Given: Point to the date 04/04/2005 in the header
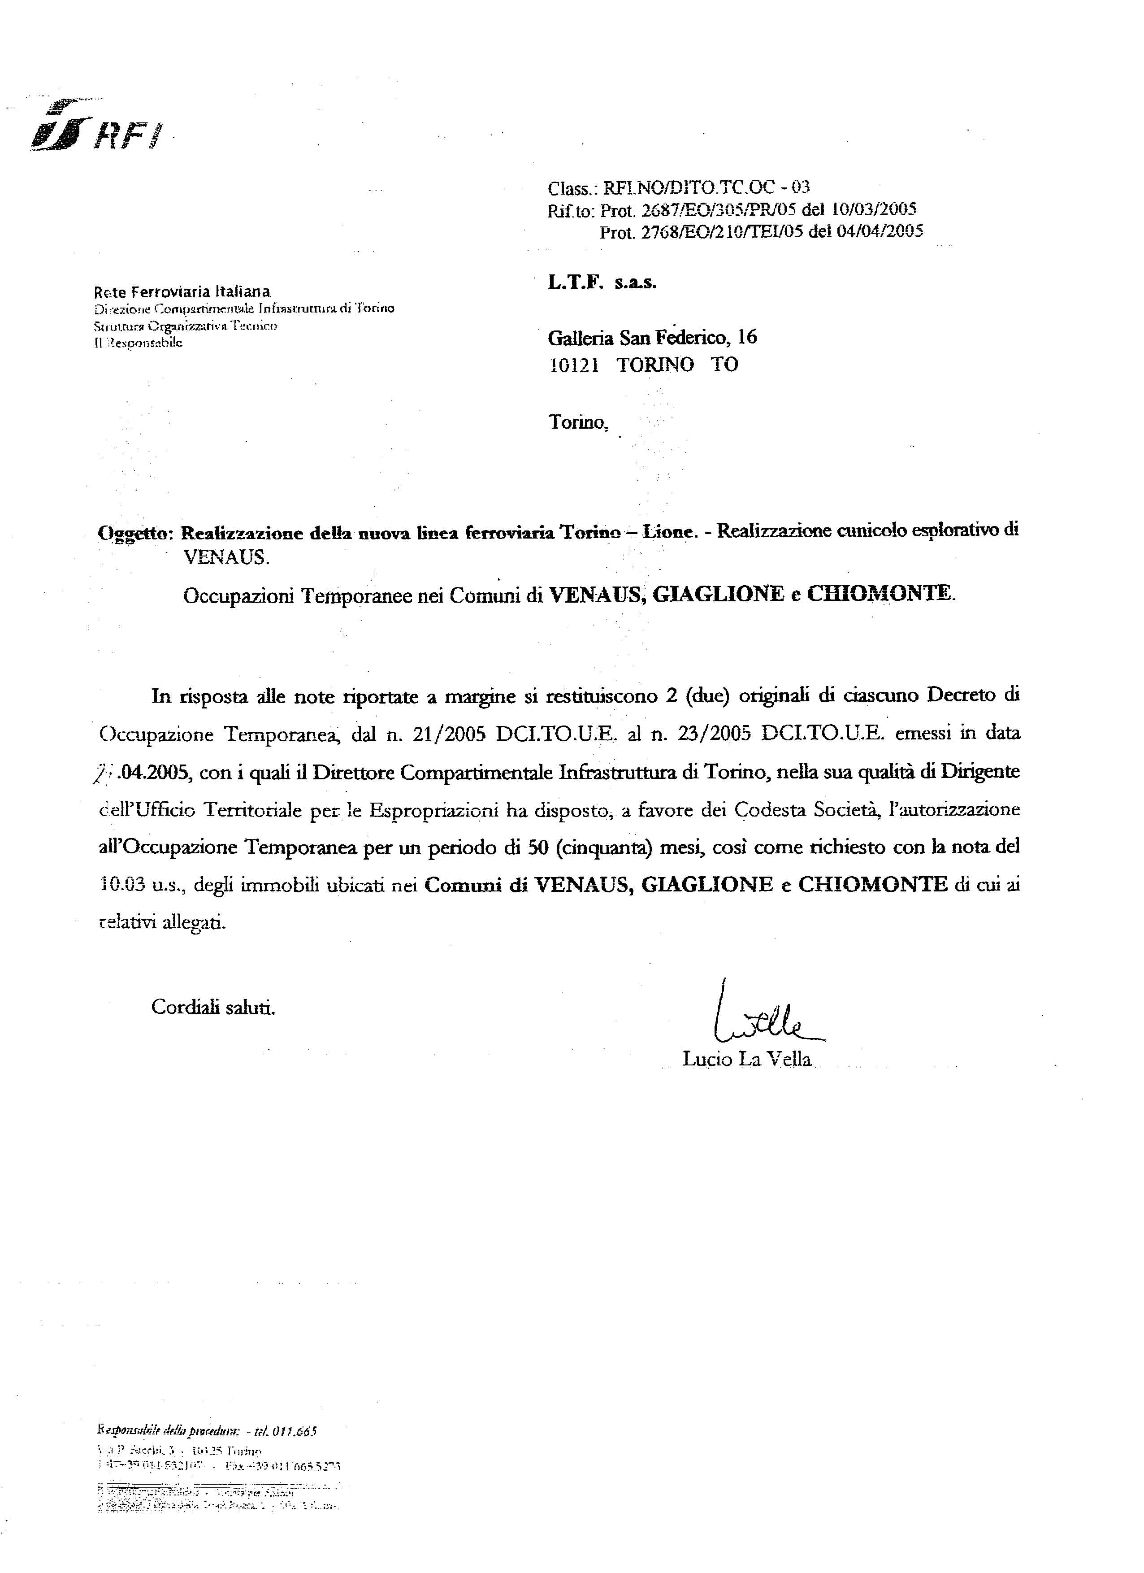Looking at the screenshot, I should (880, 232).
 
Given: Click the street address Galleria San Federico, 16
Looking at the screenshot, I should (652, 338).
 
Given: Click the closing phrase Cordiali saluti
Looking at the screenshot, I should (213, 1007).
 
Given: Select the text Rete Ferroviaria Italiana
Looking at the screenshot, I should (182, 292).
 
